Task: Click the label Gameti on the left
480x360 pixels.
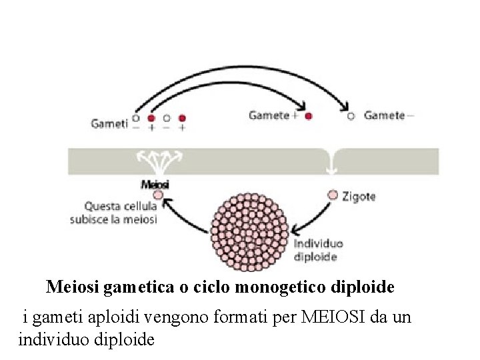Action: coord(109,123)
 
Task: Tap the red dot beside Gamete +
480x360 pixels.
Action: coord(309,116)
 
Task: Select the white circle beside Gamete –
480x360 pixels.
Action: coord(351,116)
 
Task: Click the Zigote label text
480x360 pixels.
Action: coord(361,197)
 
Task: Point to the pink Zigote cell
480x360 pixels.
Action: coord(333,195)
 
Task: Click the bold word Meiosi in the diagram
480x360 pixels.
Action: coord(155,184)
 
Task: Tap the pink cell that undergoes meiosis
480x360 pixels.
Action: coord(158,195)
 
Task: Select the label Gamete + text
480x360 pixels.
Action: coord(273,115)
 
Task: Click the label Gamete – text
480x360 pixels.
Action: coord(389,115)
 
